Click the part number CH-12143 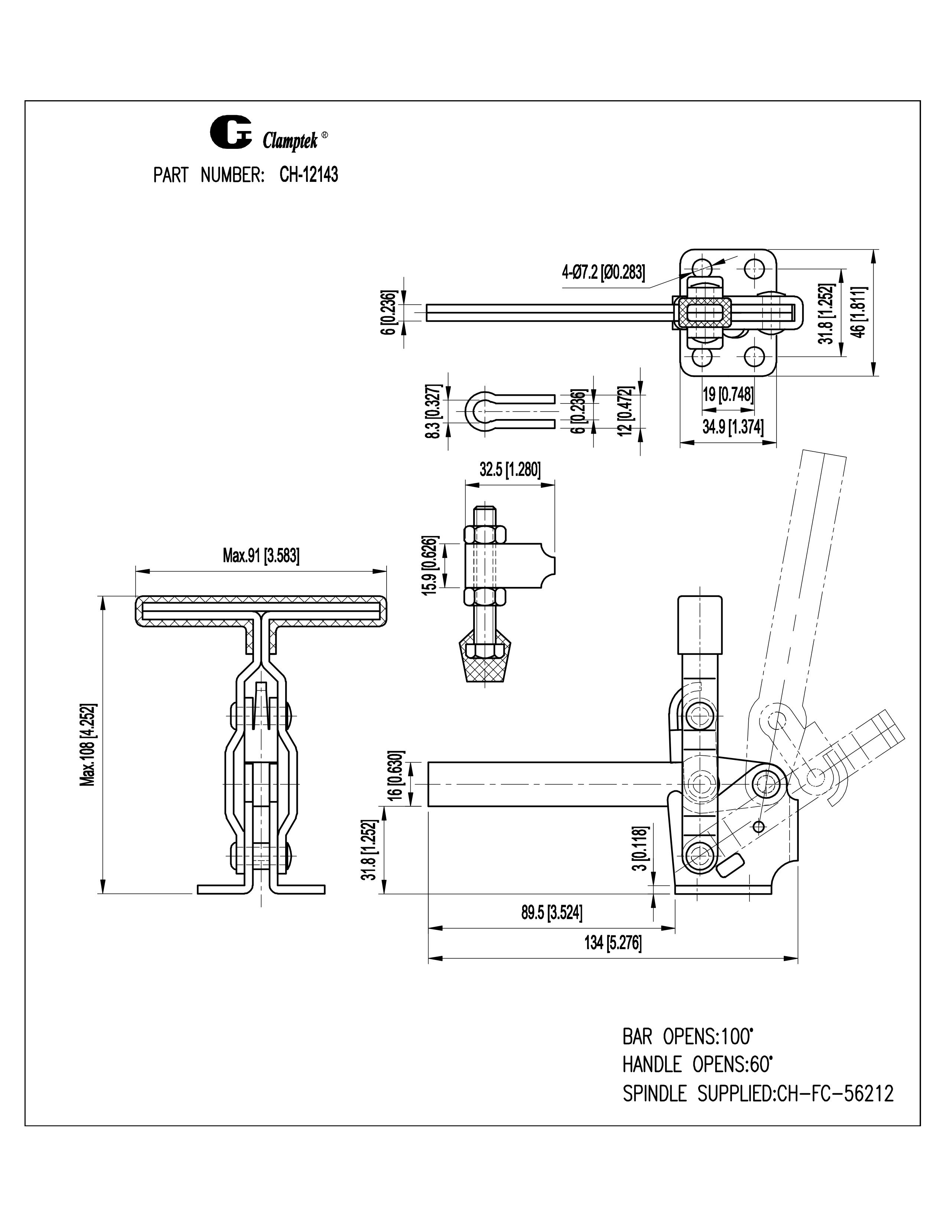[x=309, y=176]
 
